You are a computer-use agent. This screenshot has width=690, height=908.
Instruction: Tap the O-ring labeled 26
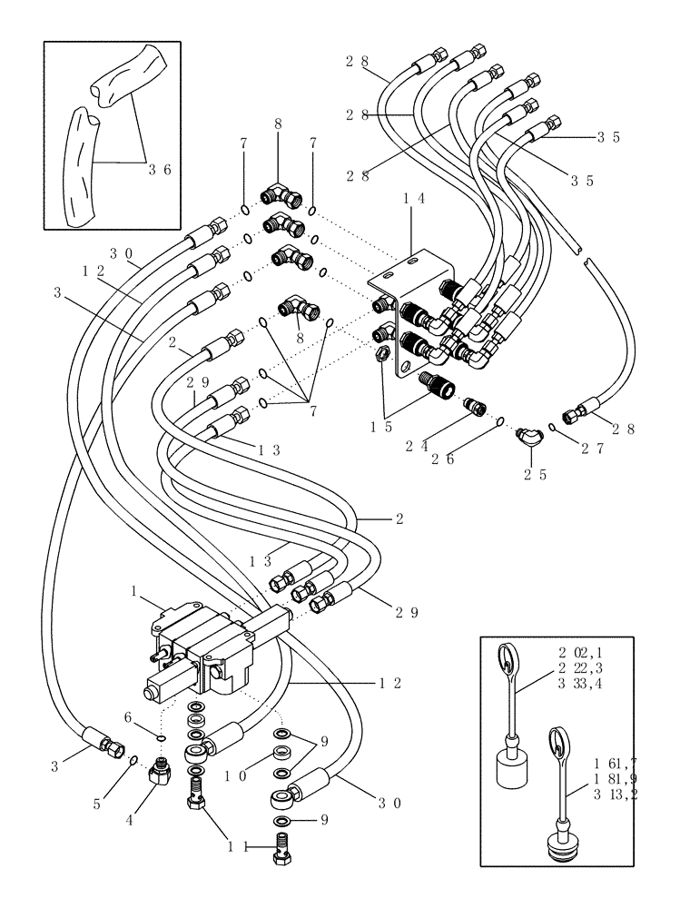pyautogui.click(x=500, y=421)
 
